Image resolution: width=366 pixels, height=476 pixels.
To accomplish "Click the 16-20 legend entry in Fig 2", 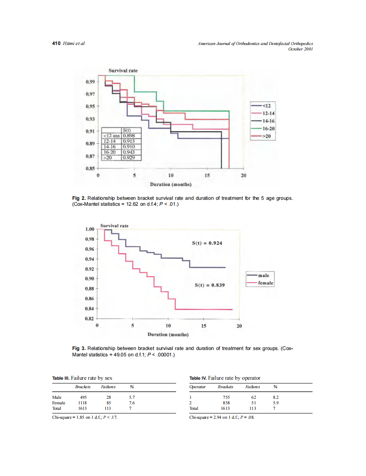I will coord(268,129).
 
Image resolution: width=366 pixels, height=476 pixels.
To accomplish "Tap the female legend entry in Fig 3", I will coord(266,283).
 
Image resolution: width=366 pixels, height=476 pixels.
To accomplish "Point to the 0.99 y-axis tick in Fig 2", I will coord(90,81).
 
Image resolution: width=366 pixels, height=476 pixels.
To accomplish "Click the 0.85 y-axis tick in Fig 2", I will coord(90,168).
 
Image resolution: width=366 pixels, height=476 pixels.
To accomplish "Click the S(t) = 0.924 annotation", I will coord(208,243).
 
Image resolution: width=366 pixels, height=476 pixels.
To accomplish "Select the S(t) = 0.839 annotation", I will coord(208,285).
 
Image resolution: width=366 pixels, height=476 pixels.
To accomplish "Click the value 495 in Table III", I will coord(83,397).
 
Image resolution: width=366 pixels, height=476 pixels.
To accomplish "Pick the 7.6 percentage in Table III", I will coord(132,403).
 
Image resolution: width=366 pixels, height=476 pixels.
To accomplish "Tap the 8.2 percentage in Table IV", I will coord(276,397).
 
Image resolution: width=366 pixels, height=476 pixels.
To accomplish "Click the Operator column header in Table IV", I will coord(197,387).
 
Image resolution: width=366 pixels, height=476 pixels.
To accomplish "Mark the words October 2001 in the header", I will coord(300,49).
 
